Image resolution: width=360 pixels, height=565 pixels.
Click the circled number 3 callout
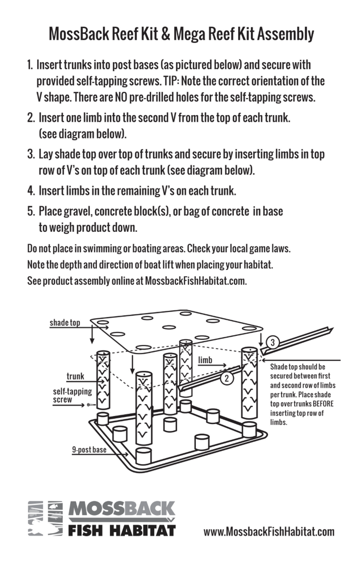(x=273, y=343)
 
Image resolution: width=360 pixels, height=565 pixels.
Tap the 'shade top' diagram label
(x=65, y=323)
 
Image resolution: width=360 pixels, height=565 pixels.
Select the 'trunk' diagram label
(x=75, y=377)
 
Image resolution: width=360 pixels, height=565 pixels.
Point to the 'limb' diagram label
(x=205, y=360)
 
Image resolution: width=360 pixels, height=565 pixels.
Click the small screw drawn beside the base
(x=90, y=404)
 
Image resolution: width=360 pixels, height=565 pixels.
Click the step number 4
(x=31, y=192)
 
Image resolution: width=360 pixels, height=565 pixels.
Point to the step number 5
(x=31, y=211)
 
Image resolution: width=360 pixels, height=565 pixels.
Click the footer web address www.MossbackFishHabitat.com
(x=269, y=531)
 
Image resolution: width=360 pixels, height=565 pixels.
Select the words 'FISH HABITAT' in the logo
(x=122, y=530)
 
